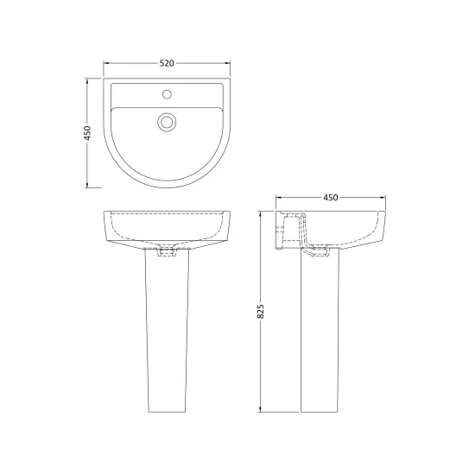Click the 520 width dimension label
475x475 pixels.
(x=167, y=63)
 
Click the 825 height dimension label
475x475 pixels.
(x=261, y=311)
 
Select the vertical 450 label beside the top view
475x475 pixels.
(x=87, y=133)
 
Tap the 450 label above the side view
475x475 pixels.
(x=331, y=198)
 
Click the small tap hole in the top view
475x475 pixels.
(x=167, y=94)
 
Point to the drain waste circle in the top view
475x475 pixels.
(x=167, y=122)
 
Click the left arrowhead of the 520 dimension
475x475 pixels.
(x=106, y=63)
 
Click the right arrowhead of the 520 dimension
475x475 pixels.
(x=227, y=63)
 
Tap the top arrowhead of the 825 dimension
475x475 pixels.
(x=261, y=214)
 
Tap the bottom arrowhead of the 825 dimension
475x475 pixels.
(x=261, y=409)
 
